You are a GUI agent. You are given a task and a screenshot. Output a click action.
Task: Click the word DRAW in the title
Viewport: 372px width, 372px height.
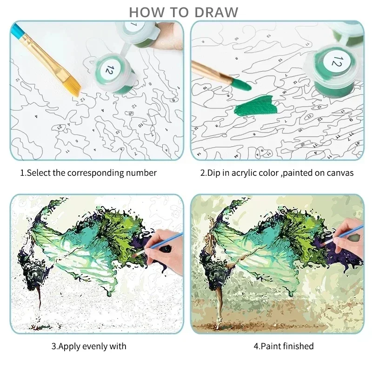[x=217, y=12]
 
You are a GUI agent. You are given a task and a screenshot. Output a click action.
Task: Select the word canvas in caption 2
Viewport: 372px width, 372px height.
[x=340, y=173]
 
